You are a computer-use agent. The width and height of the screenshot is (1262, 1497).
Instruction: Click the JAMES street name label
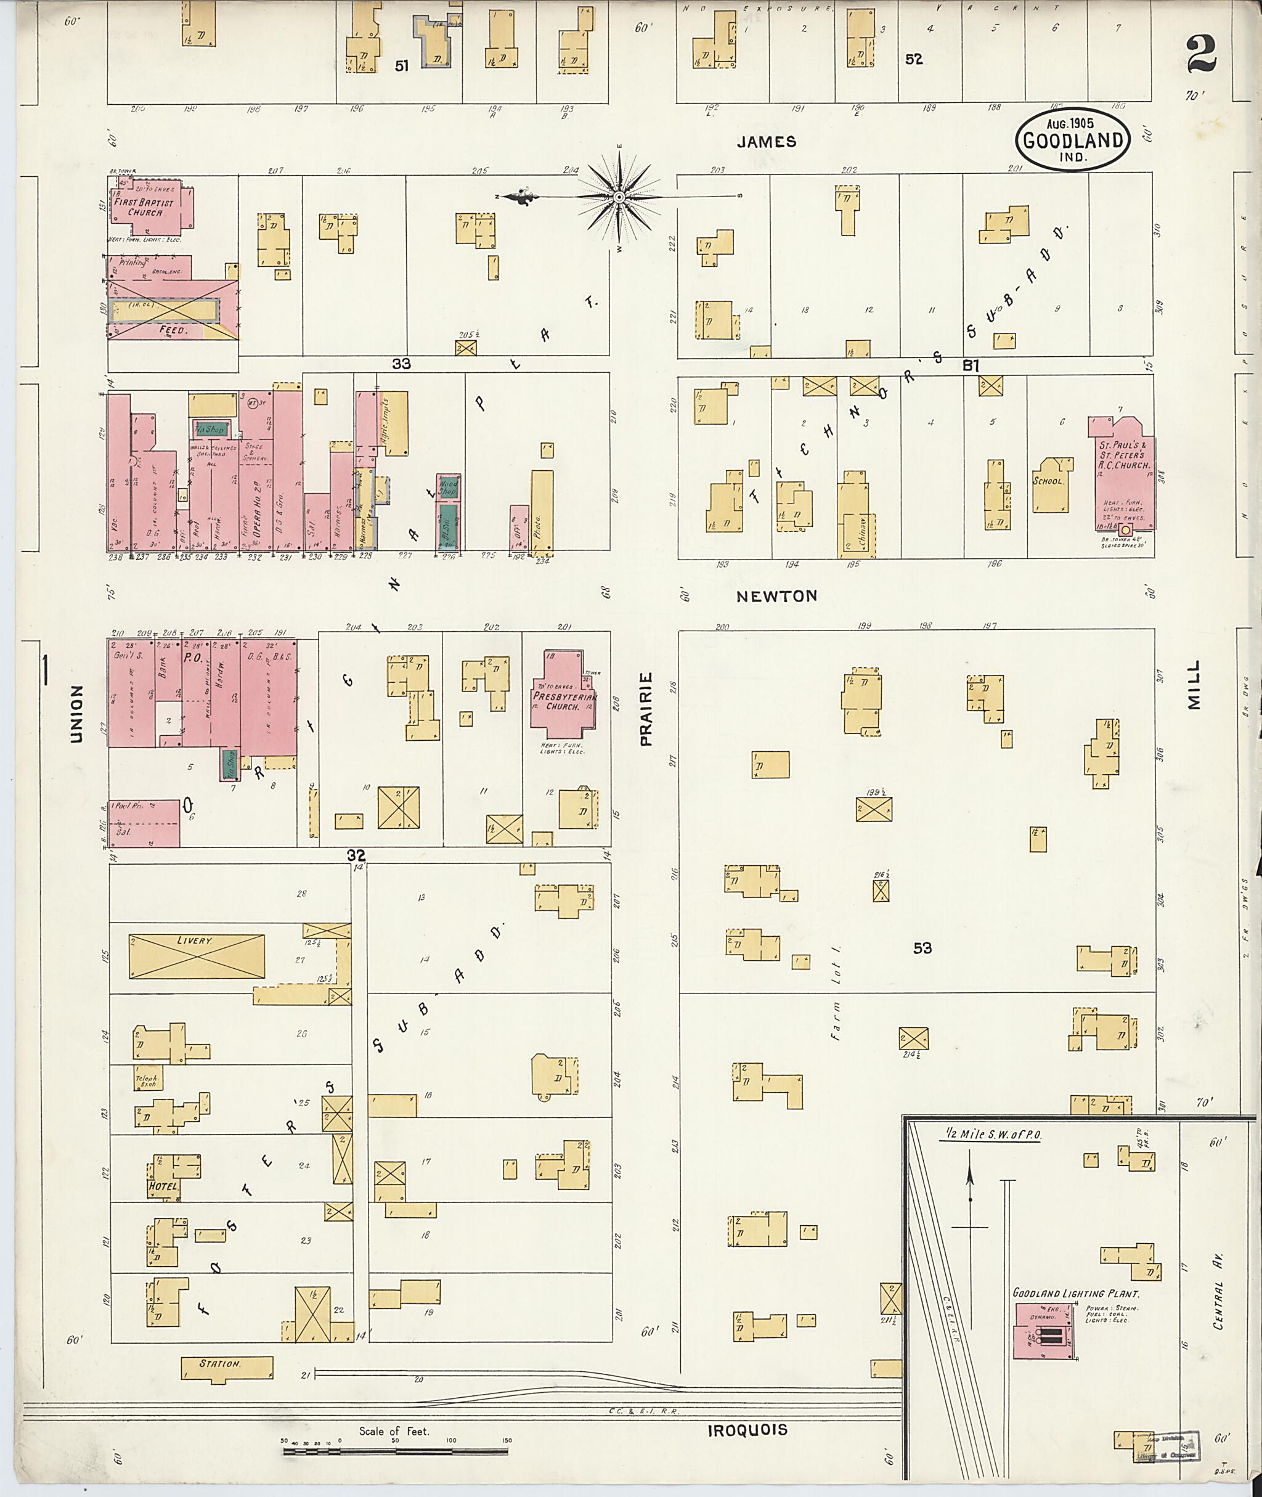click(766, 142)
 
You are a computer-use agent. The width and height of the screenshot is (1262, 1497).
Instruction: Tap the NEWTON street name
click(777, 595)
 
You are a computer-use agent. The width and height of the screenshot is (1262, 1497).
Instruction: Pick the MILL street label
click(1192, 684)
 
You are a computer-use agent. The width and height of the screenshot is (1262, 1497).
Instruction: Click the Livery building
click(196, 956)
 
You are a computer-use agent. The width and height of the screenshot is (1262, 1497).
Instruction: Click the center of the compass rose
click(619, 196)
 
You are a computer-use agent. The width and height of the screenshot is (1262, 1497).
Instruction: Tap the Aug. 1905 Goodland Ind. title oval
click(1072, 139)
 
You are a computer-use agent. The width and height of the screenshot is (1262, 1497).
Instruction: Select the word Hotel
click(163, 1186)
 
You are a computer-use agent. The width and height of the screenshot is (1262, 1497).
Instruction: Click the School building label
click(1048, 481)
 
